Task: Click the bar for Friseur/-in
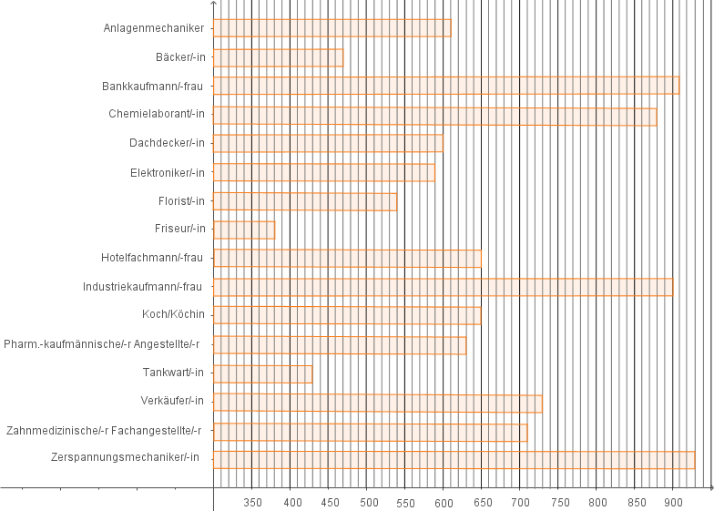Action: (x=244, y=230)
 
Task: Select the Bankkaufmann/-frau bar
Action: (x=446, y=86)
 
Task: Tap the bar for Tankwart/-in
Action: (x=262, y=373)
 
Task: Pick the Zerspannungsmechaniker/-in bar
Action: (x=454, y=460)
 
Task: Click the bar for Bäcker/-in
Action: (x=279, y=58)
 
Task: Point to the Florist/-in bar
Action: (x=305, y=202)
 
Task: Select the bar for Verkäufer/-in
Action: (x=377, y=404)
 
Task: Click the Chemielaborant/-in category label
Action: (x=157, y=114)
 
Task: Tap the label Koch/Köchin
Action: (x=173, y=314)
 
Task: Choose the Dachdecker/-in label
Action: (x=167, y=143)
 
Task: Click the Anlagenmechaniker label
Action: (x=153, y=28)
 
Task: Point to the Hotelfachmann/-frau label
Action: (x=151, y=258)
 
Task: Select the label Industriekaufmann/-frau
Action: (x=142, y=287)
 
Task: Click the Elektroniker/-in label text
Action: (x=168, y=173)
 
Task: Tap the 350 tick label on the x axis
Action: (x=252, y=503)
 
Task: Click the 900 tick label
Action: (x=673, y=503)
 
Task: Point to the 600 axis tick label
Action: (x=444, y=503)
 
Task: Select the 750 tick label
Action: (x=560, y=503)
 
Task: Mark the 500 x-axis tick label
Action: (x=369, y=503)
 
